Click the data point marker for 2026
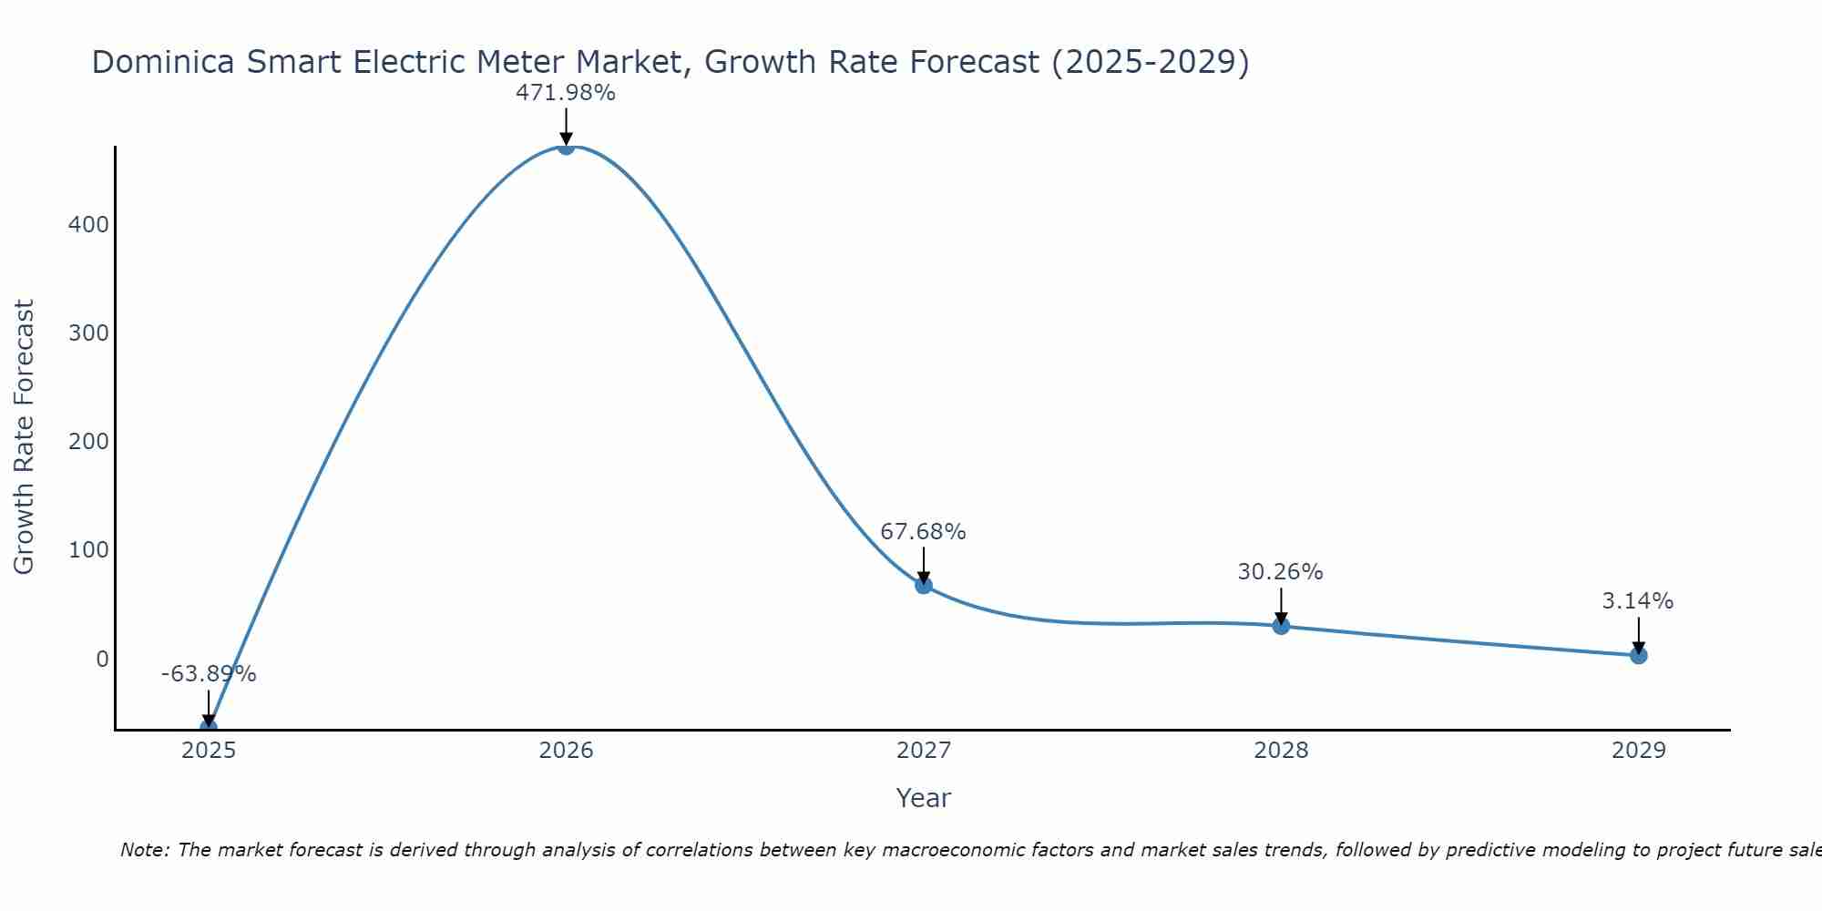[566, 146]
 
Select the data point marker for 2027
[924, 585]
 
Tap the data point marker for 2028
[1281, 626]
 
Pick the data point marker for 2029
[1638, 655]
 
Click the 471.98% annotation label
[566, 93]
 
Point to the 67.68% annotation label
[923, 532]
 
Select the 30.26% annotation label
[1280, 572]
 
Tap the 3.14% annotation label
[1637, 601]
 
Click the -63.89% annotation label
[209, 674]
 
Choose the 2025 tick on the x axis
[209, 751]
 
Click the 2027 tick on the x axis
[924, 751]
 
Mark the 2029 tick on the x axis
[1638, 751]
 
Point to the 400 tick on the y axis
[88, 224]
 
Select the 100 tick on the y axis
[88, 550]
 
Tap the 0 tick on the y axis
[102, 659]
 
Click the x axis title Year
[923, 798]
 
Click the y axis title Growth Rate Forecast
[25, 437]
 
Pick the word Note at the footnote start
[144, 850]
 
